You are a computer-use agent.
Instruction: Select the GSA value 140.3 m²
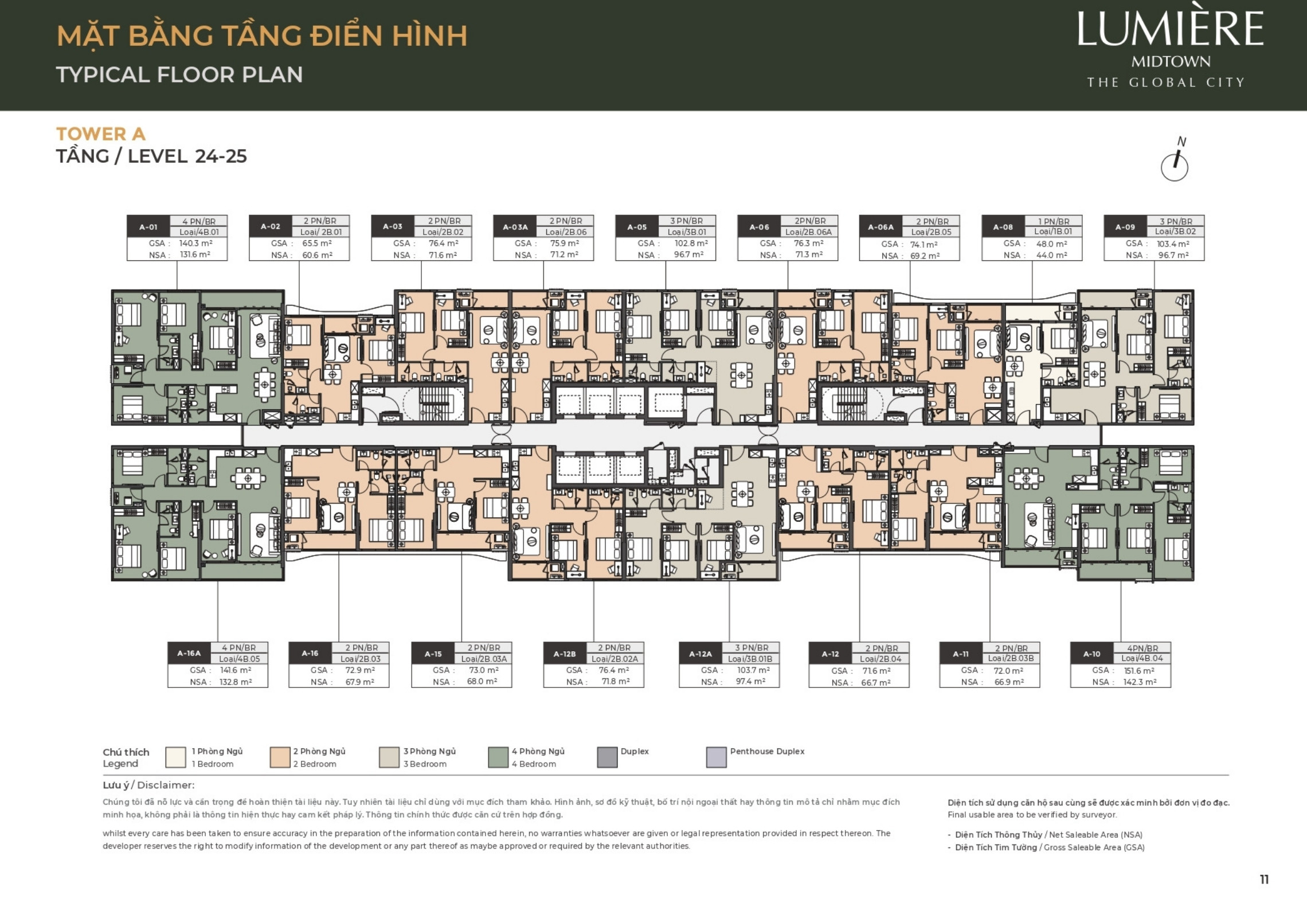[196, 243]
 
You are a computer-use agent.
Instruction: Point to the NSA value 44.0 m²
[1051, 255]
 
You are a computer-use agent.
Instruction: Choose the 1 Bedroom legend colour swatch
[175, 757]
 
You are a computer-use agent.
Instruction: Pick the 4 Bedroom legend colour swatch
[498, 757]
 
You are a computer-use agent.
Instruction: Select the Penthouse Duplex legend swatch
[716, 757]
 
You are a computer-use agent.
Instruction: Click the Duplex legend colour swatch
[607, 757]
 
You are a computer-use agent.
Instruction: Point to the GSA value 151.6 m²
[1140, 670]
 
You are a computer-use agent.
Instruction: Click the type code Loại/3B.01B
[750, 659]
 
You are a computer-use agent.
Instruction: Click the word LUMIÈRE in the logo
[1170, 30]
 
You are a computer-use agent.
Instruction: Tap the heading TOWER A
[101, 134]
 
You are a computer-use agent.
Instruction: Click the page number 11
[1264, 879]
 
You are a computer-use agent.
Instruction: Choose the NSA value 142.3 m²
[1140, 682]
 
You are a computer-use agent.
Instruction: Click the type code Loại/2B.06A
[809, 232]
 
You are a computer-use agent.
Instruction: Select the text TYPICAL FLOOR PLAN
[179, 75]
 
